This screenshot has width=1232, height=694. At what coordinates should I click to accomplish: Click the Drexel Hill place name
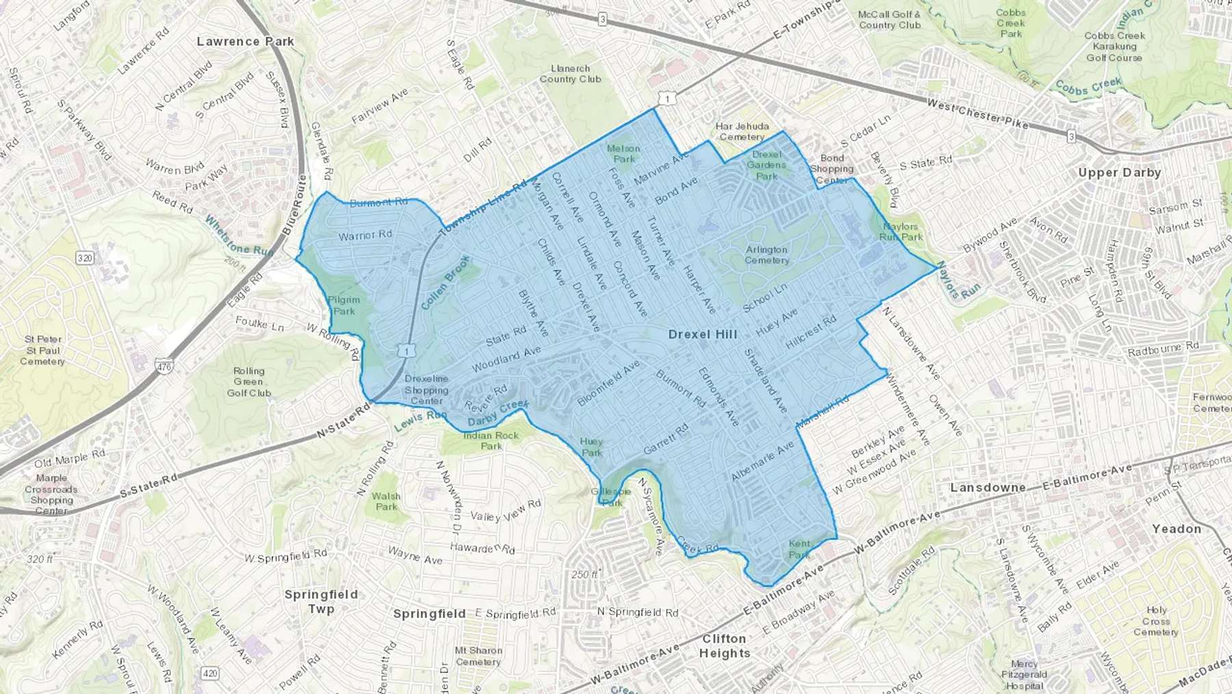click(702, 334)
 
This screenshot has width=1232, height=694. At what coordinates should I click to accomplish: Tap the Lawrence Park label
click(245, 42)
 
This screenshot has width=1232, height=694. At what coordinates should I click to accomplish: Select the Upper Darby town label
click(1119, 173)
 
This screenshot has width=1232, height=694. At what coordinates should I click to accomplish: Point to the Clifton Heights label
click(724, 646)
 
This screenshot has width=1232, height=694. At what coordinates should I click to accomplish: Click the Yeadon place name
click(1177, 529)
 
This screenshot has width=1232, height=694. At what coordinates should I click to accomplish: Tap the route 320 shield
click(85, 258)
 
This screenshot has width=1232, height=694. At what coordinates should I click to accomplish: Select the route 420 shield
click(210, 673)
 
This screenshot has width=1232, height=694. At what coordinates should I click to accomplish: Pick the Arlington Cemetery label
click(767, 255)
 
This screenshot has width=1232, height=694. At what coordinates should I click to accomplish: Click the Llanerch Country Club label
click(570, 74)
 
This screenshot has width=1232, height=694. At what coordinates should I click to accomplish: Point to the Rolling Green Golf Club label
click(248, 382)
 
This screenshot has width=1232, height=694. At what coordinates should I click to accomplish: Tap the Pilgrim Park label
click(344, 306)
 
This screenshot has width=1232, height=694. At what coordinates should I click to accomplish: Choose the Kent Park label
click(799, 549)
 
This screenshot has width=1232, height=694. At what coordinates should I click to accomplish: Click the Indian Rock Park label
click(491, 441)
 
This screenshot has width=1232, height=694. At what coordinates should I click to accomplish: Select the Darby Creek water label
click(498, 413)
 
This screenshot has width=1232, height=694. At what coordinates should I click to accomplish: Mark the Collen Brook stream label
click(446, 282)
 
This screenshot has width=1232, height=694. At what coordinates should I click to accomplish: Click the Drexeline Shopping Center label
click(426, 390)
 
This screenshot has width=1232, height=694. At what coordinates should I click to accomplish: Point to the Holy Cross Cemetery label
click(1156, 621)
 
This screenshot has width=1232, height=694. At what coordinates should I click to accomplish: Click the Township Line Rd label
click(484, 208)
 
